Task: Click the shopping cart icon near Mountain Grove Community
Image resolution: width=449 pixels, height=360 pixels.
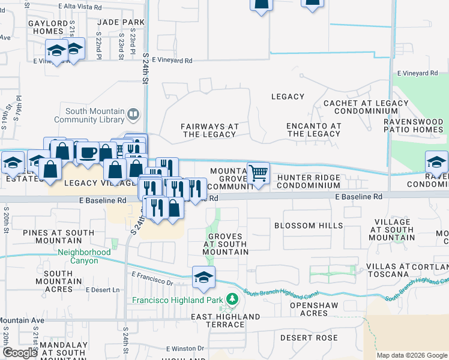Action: pos(258,173)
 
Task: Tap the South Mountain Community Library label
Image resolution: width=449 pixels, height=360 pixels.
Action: pos(94,115)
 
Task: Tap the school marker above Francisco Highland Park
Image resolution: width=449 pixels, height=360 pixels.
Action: pos(203,277)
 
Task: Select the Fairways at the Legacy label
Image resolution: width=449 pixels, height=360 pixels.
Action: pos(210,130)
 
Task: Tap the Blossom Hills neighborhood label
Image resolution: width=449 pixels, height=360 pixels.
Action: pos(309,226)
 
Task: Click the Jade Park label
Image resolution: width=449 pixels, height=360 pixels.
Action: pos(124,22)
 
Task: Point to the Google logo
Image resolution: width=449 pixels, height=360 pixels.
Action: pos(20,353)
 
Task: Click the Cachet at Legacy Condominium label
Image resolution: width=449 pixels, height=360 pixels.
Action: pos(358,107)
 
